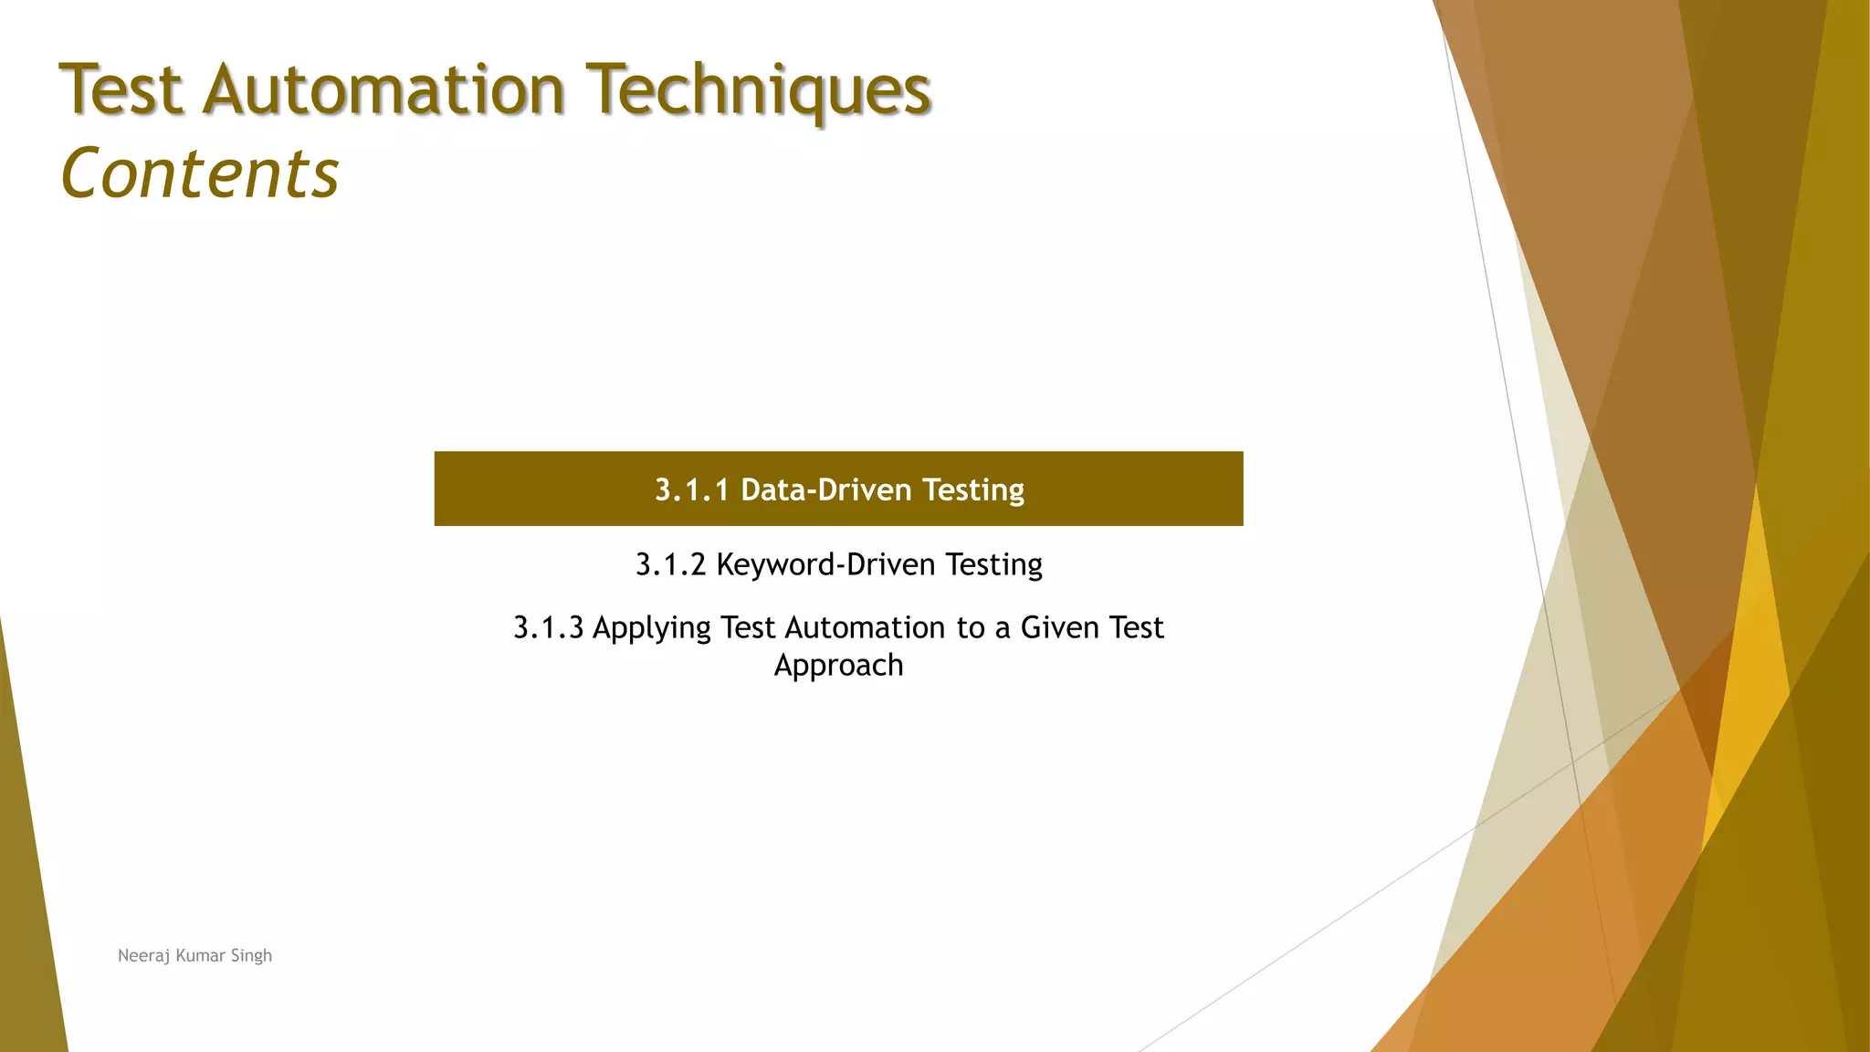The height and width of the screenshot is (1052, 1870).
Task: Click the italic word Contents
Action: coord(199,174)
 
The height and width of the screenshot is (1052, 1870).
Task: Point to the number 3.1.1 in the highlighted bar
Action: coord(691,490)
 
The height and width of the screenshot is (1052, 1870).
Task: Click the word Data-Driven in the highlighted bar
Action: coord(825,490)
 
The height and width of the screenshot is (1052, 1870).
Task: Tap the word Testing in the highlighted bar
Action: coord(972,490)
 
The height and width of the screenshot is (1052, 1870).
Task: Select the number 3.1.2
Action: coord(671,564)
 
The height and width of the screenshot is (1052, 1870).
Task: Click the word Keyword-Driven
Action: coord(825,564)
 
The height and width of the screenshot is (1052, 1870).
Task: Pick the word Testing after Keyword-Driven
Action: coord(993,564)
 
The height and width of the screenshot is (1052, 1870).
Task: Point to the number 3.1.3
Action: coord(548,627)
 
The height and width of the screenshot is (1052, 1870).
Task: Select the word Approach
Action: coord(838,666)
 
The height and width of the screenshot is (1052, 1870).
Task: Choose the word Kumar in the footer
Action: coord(200,955)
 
